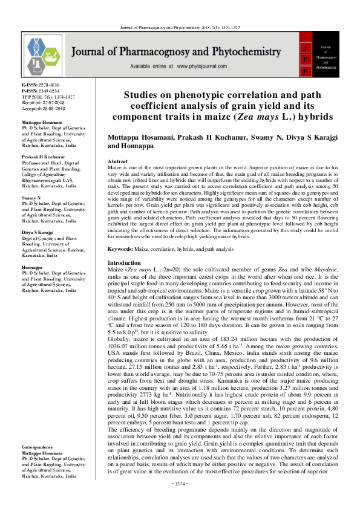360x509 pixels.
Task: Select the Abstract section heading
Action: (117, 162)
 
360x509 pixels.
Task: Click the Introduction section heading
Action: (123, 264)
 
